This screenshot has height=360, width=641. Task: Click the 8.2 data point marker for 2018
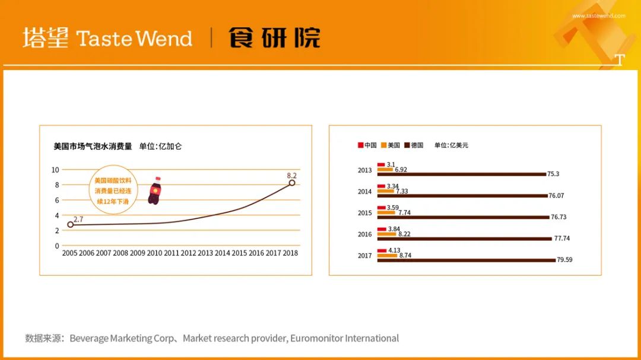click(x=292, y=183)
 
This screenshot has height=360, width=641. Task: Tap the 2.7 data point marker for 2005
click(x=70, y=224)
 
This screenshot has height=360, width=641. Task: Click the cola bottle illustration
click(x=154, y=190)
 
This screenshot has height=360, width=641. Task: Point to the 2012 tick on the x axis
click(x=189, y=253)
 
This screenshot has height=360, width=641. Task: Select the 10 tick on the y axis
click(x=55, y=170)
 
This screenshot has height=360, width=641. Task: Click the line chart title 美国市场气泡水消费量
click(x=93, y=146)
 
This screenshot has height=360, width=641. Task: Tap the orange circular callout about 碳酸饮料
click(x=113, y=190)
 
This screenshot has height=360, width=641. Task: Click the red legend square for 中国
click(x=361, y=145)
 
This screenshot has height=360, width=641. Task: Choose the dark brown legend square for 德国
click(x=407, y=145)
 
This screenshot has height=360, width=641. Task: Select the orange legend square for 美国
click(x=383, y=145)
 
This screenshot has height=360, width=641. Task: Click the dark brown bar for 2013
click(x=462, y=174)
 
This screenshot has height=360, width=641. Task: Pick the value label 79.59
click(x=564, y=260)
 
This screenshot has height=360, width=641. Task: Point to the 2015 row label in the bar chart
click(x=364, y=213)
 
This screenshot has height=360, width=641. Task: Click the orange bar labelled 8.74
click(x=387, y=256)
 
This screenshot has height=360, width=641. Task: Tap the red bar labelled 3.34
click(x=382, y=186)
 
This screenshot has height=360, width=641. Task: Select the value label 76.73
click(x=559, y=217)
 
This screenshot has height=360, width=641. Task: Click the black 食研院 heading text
click(x=274, y=38)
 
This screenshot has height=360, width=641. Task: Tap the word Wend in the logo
click(x=164, y=39)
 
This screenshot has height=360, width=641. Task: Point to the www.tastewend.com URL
click(x=598, y=16)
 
